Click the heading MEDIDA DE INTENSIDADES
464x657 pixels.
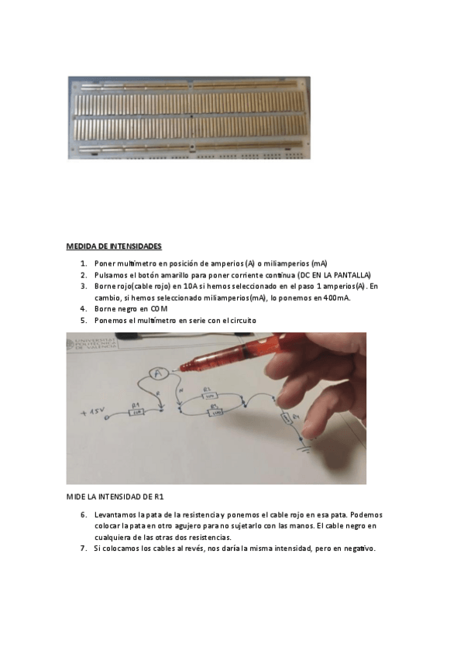[x=114, y=246]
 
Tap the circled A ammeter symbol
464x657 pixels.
[x=159, y=373]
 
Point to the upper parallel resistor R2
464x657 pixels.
[x=207, y=396]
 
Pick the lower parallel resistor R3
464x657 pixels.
[x=215, y=411]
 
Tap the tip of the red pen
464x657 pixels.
[x=181, y=366]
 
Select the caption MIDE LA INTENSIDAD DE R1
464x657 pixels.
[x=115, y=496]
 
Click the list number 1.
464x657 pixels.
[x=83, y=264]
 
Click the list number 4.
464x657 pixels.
[x=83, y=308]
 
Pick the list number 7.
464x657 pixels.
[x=83, y=549]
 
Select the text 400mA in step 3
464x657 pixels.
[x=335, y=298]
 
